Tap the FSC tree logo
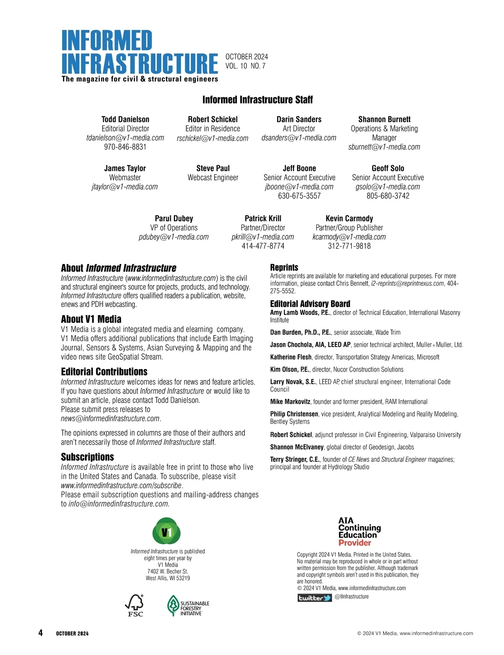(x=135, y=605)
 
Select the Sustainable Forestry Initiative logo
(x=188, y=606)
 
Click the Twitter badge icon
(x=315, y=597)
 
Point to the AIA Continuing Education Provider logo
(x=360, y=531)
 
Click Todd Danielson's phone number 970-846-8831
(x=125, y=147)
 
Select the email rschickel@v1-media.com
(x=213, y=138)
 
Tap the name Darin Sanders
(x=299, y=119)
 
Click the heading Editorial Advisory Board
(x=310, y=304)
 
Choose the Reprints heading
(x=284, y=267)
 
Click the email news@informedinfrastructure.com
(x=110, y=419)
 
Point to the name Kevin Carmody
(x=349, y=219)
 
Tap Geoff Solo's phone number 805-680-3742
(x=388, y=196)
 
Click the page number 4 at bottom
(x=40, y=633)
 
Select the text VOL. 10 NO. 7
(x=245, y=66)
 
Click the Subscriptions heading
(x=87, y=457)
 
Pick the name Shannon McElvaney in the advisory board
(x=297, y=447)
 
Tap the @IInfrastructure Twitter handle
(x=352, y=597)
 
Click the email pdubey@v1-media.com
(x=173, y=237)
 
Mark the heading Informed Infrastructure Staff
(x=257, y=100)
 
